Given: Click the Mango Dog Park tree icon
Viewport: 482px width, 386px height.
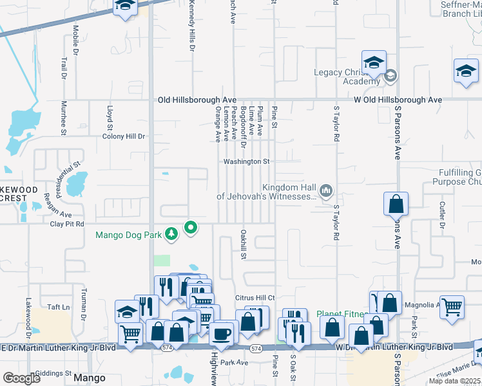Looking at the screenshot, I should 171,235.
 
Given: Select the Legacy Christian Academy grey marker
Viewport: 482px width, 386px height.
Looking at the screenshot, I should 390,77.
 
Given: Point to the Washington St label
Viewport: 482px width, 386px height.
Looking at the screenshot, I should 246,161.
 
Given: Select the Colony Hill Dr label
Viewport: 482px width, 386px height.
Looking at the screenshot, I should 124,136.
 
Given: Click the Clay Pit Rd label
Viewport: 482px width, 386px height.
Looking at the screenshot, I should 68,225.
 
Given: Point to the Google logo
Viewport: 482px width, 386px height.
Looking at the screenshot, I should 22,378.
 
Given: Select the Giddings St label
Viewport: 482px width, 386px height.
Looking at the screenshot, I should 53,373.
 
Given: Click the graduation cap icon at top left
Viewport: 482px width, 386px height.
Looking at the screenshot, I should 125,6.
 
